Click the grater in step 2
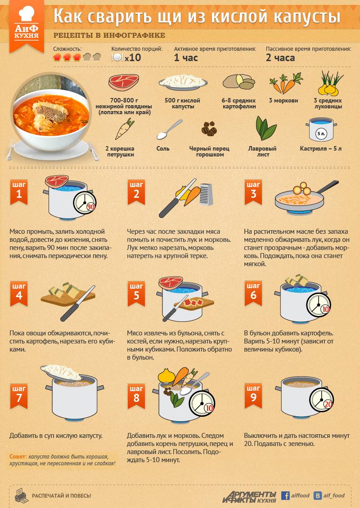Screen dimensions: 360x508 [x=206, y=194]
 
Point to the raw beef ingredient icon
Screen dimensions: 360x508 [x=124, y=82]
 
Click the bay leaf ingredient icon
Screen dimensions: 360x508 [x=265, y=128]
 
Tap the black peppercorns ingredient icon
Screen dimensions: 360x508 [x=209, y=129]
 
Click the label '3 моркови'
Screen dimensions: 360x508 [x=283, y=100]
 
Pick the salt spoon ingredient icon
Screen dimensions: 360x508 [x=169, y=129]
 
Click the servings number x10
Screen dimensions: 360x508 [x=133, y=58]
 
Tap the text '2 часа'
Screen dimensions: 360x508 [x=280, y=58]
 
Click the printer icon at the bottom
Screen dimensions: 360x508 [x=22, y=495]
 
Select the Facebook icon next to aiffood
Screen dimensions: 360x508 [x=285, y=495]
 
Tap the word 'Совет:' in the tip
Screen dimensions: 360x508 [x=18, y=456]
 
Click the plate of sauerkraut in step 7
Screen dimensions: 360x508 [x=62, y=373]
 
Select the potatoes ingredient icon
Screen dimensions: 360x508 [x=239, y=82]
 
